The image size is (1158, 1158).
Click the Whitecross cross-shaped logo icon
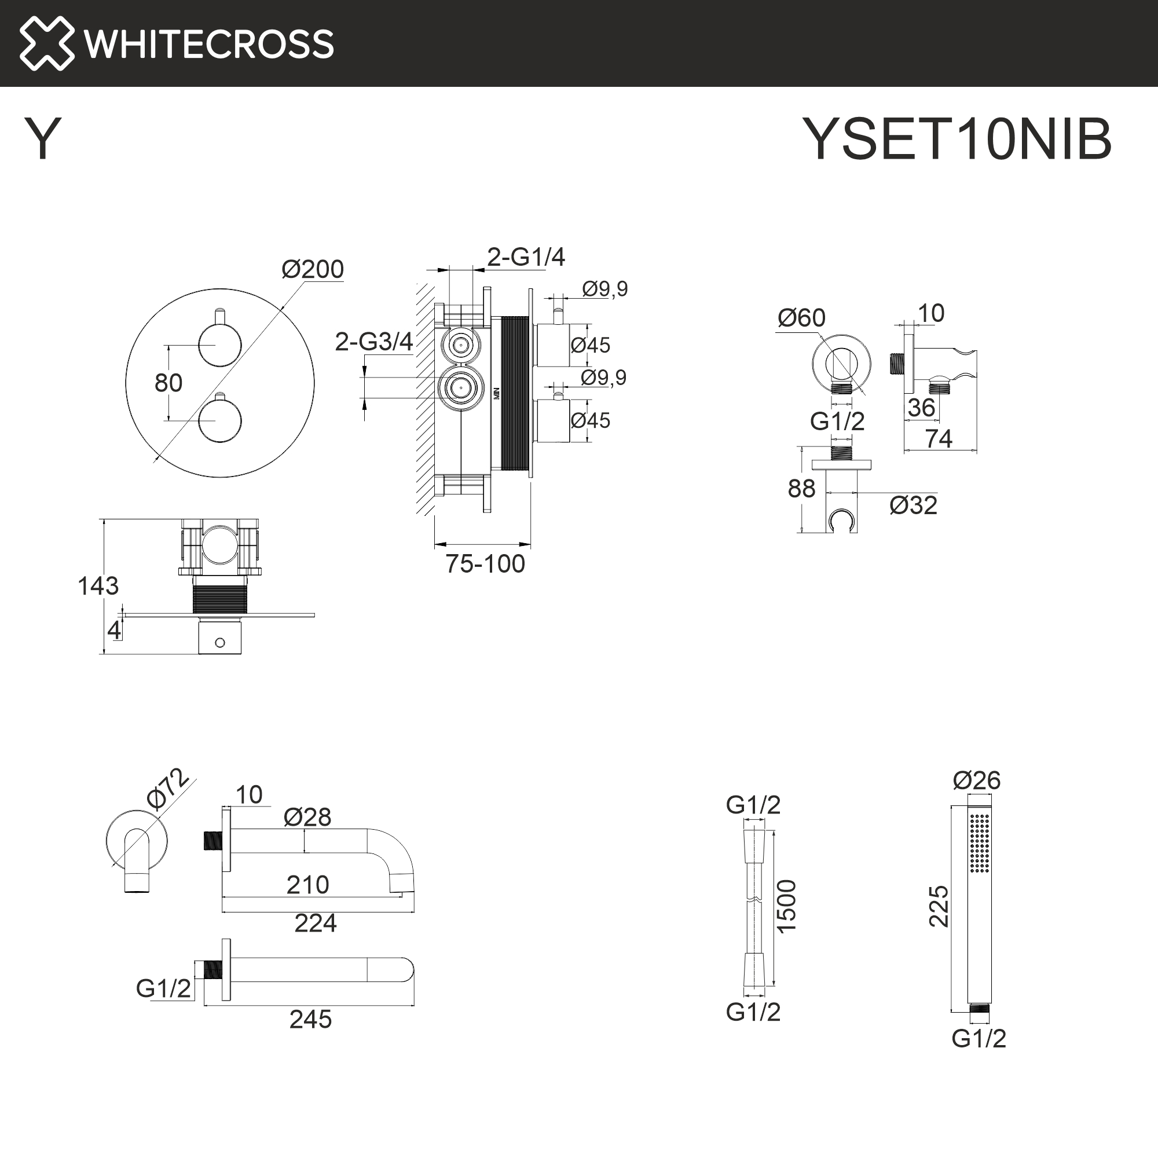pos(47,43)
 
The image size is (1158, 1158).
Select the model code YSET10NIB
pos(957,139)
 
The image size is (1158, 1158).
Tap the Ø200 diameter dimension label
pos(312,269)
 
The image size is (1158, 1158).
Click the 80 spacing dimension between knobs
pos(168,383)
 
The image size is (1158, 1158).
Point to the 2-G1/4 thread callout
pos(526,257)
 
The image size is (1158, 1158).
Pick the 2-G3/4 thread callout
pos(373,342)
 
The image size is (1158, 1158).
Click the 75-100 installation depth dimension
pos(484,564)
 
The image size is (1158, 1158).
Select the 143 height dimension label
pos(98,585)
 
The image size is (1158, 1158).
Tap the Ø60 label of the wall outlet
pos(801,318)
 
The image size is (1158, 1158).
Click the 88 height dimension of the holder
pos(801,489)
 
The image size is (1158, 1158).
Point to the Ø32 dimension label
pos(913,505)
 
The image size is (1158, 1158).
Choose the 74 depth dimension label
pos(938,439)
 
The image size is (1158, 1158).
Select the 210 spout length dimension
pos(307,885)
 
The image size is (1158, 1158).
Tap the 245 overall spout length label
pos(310,1020)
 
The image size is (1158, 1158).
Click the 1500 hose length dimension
pos(786,906)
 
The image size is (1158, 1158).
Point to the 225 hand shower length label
pos(939,906)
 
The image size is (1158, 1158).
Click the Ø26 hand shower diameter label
pos(976,780)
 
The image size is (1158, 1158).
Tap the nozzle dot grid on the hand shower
pos(980,842)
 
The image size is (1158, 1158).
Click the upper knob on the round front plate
pos(219,345)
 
